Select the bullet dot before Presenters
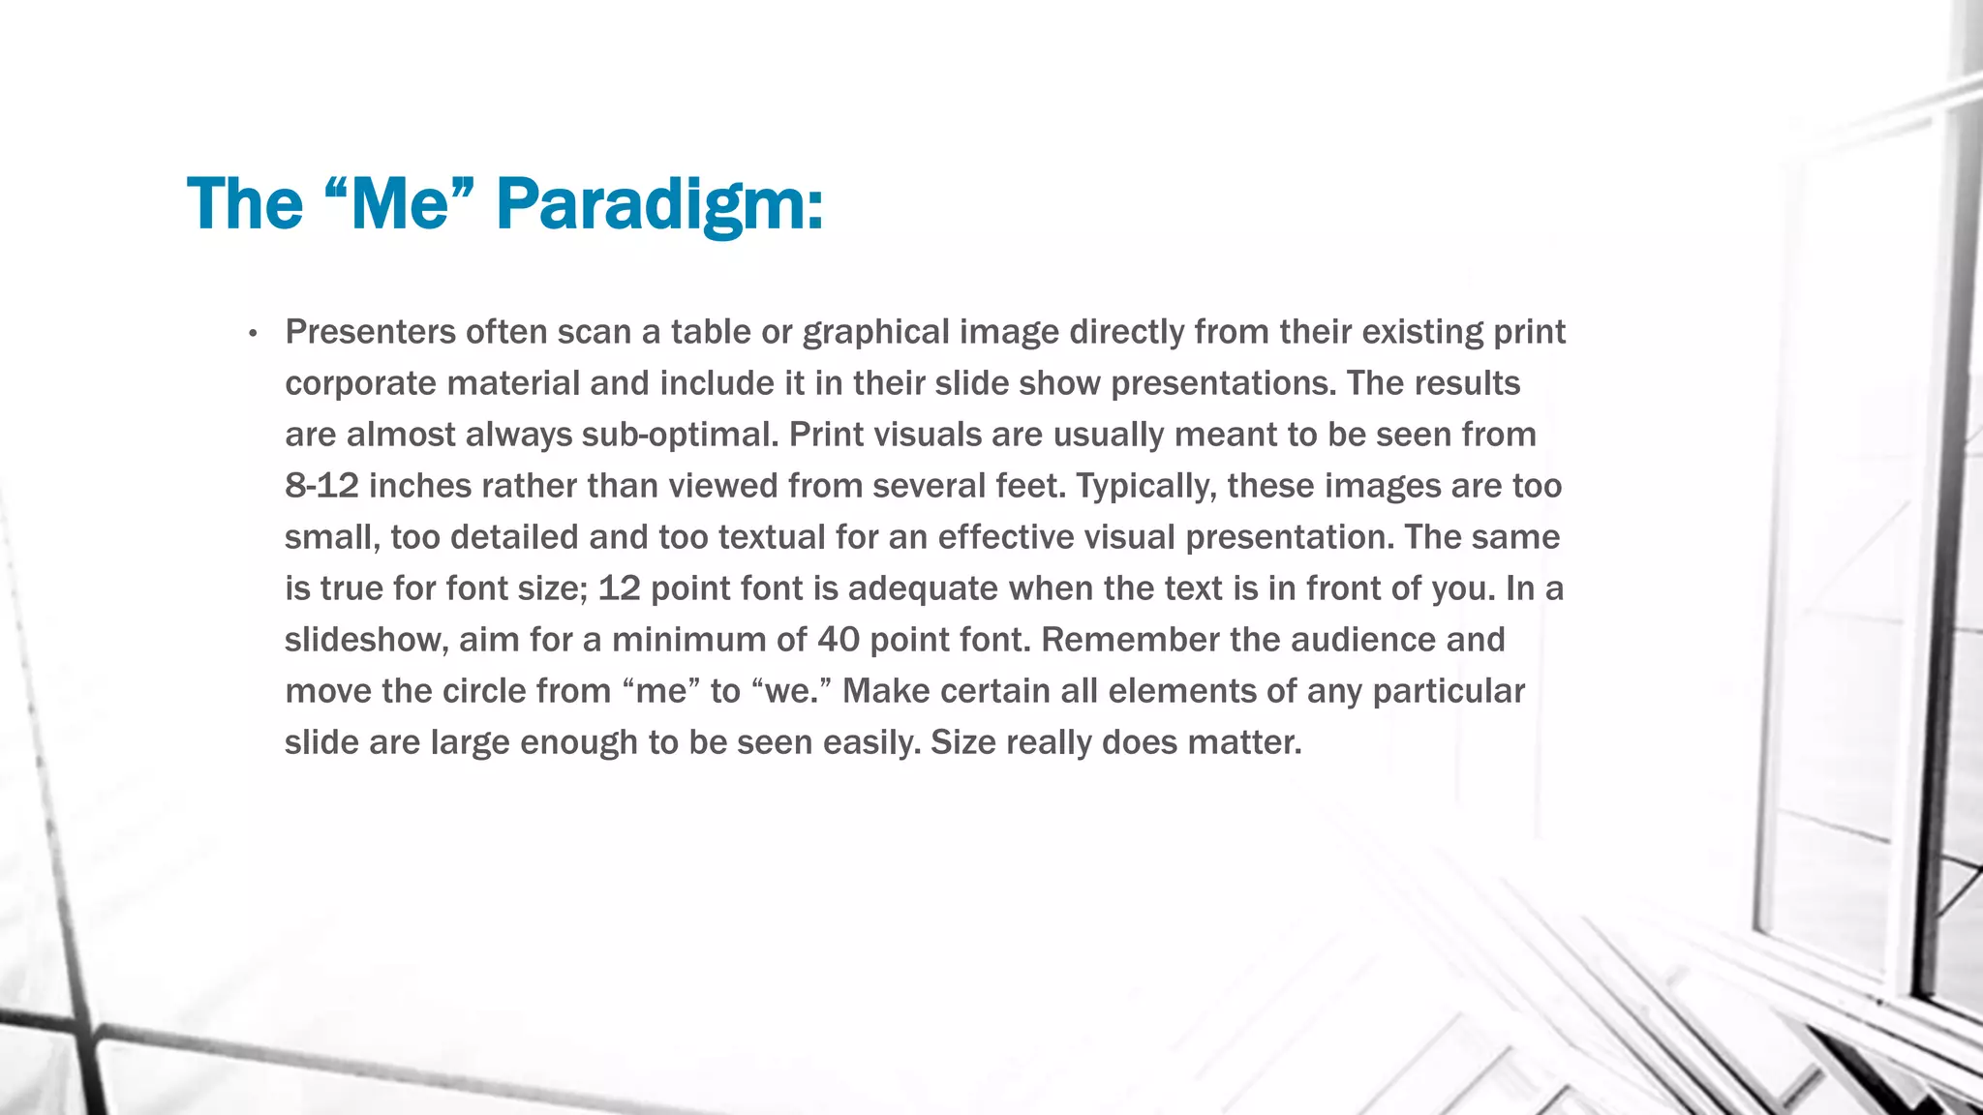[253, 334]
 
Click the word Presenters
[370, 332]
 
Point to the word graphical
[876, 332]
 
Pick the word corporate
[360, 383]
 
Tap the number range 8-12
[321, 486]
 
